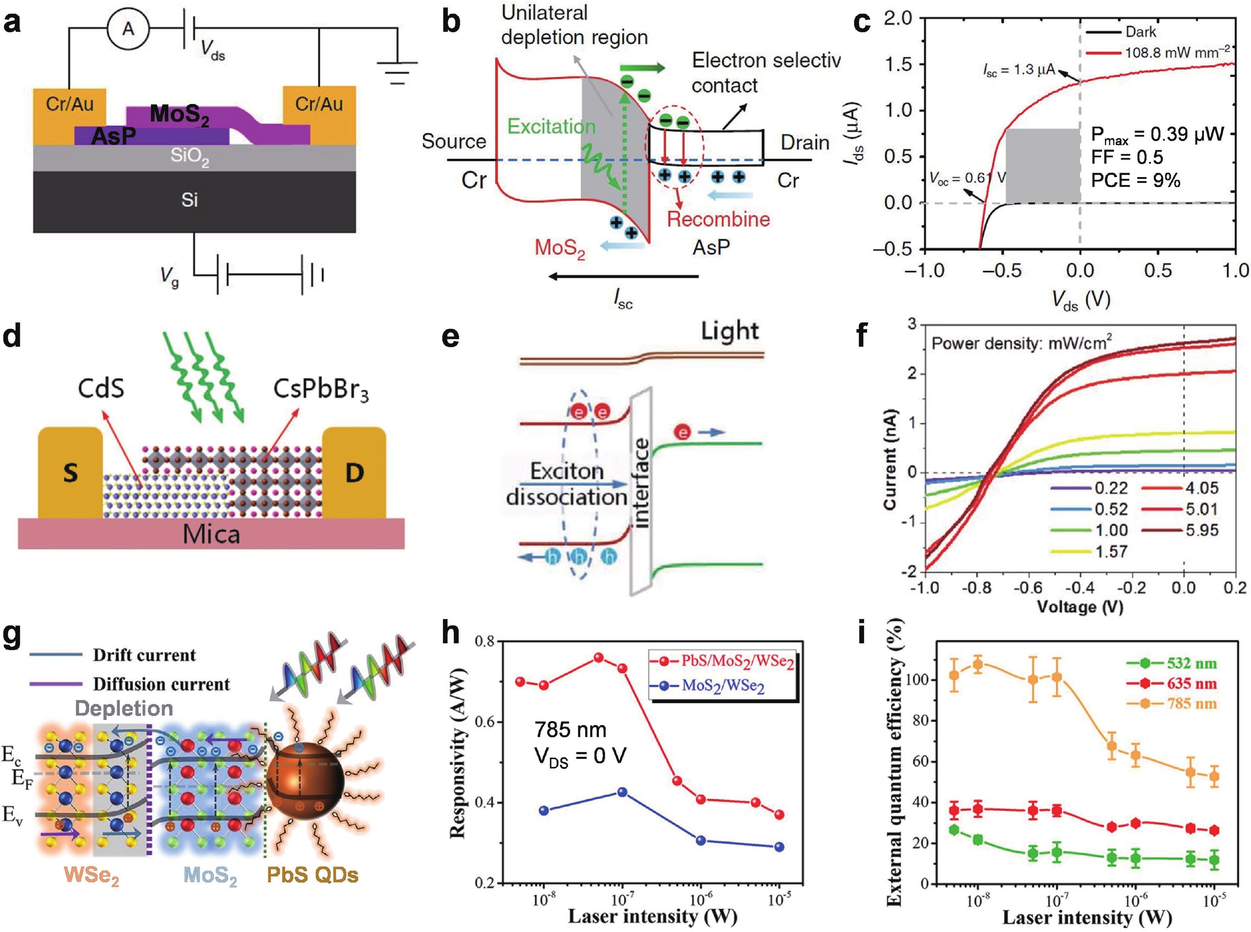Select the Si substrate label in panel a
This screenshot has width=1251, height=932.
189,200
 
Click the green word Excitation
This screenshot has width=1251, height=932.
551,126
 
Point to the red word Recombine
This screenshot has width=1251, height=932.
718,219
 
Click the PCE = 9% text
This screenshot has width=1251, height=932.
1135,181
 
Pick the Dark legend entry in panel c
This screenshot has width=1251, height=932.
1140,32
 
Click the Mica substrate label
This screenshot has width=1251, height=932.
211,534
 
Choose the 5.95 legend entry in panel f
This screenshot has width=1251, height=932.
1201,530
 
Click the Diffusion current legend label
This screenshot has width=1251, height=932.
161,684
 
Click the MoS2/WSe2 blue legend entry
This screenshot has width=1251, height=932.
723,686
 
